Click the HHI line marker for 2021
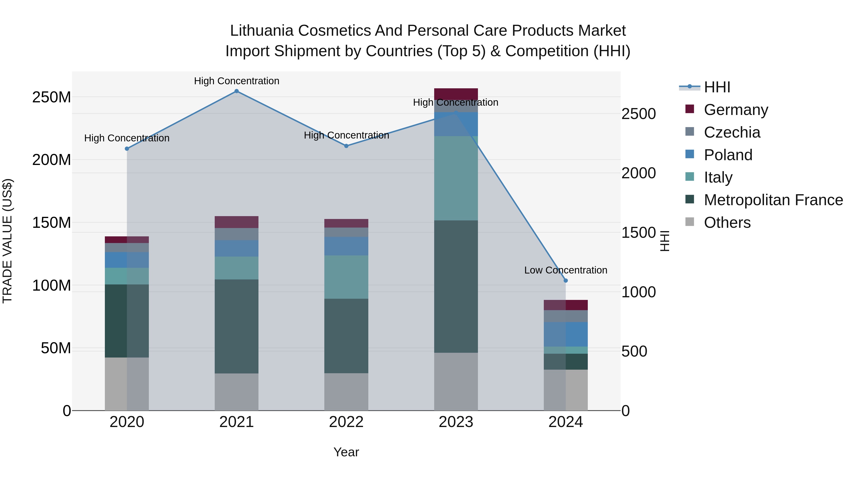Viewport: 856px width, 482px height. point(237,91)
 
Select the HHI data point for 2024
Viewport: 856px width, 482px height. point(566,280)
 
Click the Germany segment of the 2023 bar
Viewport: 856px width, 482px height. point(456,94)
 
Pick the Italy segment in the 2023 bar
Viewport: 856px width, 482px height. point(456,178)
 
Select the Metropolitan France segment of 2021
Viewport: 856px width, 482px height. point(237,326)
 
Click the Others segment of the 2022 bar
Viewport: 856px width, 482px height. point(346,392)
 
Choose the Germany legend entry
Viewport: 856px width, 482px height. point(736,109)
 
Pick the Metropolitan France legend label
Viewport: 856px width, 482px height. point(773,200)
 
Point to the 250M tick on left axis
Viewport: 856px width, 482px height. point(52,97)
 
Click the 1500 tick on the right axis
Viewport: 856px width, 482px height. point(638,233)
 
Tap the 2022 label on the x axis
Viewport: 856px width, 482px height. point(346,422)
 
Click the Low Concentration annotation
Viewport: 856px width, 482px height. point(566,270)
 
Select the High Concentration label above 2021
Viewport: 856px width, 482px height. point(237,81)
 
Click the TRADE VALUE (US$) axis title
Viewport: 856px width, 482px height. point(7,241)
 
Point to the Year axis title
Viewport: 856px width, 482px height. point(346,452)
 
